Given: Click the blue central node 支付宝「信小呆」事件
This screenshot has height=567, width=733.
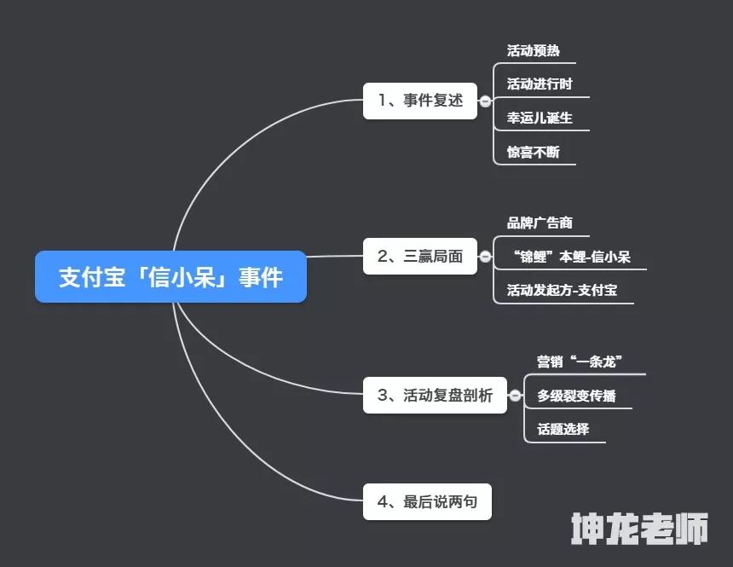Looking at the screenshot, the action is (x=170, y=276).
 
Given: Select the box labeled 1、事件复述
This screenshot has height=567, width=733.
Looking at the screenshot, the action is (x=420, y=101).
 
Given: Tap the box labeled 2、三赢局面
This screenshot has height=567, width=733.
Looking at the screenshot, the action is (x=420, y=256).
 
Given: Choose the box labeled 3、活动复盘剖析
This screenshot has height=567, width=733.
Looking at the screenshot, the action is (x=435, y=395).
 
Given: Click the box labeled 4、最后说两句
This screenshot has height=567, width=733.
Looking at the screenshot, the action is (x=427, y=501).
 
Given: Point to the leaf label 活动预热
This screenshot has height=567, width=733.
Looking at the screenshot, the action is (x=534, y=50).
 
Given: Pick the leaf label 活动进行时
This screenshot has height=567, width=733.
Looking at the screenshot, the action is (x=540, y=84).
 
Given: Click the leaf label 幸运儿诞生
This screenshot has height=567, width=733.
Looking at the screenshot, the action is (x=540, y=118).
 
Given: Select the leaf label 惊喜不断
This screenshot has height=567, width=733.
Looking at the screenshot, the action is (x=534, y=152).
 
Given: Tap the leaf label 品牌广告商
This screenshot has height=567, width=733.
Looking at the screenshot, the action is (x=540, y=223).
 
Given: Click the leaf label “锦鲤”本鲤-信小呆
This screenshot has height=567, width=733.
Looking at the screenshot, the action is (x=571, y=257).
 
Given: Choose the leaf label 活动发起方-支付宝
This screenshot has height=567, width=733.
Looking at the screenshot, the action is (x=562, y=290).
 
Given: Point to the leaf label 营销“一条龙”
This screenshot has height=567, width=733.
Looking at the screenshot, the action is (x=580, y=362).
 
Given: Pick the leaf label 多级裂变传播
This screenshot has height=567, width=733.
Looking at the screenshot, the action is (x=576, y=396).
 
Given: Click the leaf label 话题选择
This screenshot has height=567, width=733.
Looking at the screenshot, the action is (x=563, y=429).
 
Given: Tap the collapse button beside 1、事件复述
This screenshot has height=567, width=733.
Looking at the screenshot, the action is (x=485, y=101).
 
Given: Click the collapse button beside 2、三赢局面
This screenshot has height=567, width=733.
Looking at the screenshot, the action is (x=485, y=257).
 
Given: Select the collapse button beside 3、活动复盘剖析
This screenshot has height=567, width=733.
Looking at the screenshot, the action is (x=515, y=396).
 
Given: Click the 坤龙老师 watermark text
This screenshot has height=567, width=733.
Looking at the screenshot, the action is (x=639, y=529).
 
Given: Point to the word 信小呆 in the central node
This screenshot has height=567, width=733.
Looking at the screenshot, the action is (x=182, y=277).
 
